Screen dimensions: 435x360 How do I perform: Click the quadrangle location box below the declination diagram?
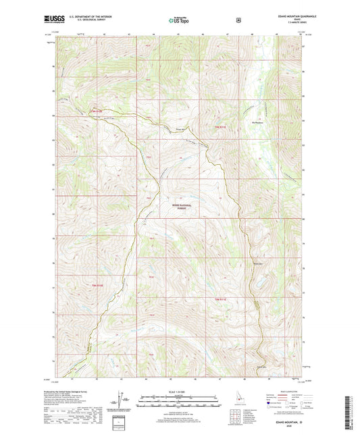coord(122,419)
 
